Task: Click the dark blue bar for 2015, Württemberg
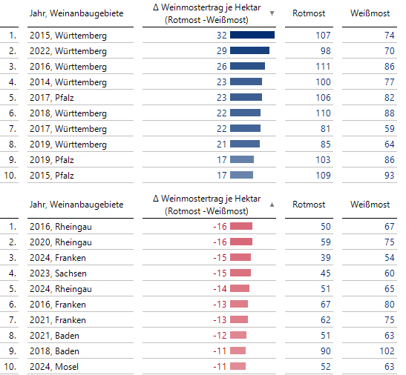pos(252,35)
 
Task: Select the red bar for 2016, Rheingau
pos(241,226)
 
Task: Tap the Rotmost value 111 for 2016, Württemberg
pos(323,67)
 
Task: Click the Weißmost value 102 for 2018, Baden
pos(387,351)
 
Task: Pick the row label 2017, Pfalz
pos(52,98)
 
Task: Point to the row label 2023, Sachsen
pos(58,273)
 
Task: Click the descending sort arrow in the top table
pos(272,13)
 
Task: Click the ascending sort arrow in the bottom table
pos(272,205)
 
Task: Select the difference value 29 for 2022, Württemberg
pos(222,51)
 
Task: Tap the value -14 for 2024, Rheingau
pos(220,289)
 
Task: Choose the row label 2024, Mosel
pos(54,366)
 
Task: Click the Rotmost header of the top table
pos(309,13)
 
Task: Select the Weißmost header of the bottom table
pos(370,205)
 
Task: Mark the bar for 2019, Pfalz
pos(242,159)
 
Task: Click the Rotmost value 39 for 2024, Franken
pos(326,258)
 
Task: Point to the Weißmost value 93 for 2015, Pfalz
pos(389,175)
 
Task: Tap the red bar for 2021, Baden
pos(238,335)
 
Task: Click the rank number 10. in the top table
pos(10,175)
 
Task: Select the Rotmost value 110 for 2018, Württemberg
pos(323,113)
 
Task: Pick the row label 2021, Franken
pos(58,320)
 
